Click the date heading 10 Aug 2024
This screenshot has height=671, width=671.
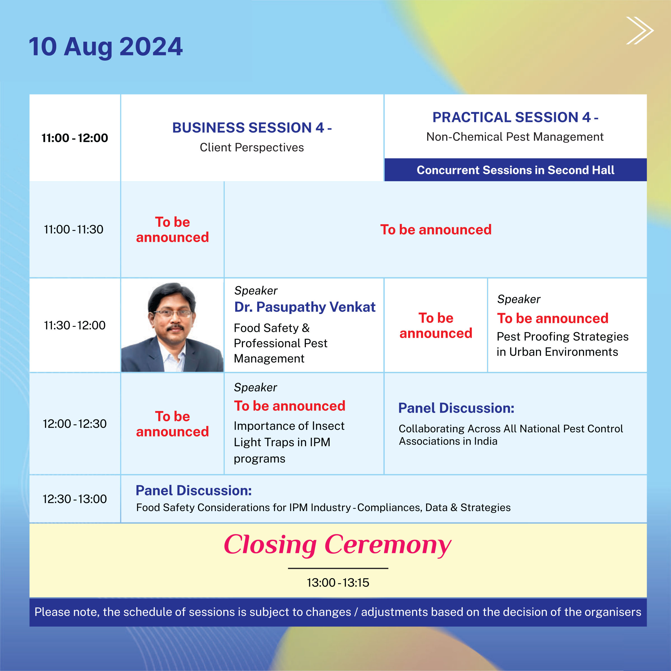pyautogui.click(x=106, y=47)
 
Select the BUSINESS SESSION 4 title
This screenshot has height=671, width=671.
pyautogui.click(x=252, y=127)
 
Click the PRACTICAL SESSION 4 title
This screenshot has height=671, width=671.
pyautogui.click(x=515, y=117)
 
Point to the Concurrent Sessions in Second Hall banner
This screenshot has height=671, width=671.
pyautogui.click(x=515, y=170)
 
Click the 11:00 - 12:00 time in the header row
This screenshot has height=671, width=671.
pyautogui.click(x=75, y=138)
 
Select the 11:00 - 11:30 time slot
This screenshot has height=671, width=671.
pyautogui.click(x=74, y=229)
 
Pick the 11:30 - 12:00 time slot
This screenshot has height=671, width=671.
pyautogui.click(x=75, y=325)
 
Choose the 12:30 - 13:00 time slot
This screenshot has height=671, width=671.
pyautogui.click(x=75, y=499)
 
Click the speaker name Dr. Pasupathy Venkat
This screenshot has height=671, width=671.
pyautogui.click(x=304, y=307)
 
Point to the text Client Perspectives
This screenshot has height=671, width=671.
pyautogui.click(x=252, y=147)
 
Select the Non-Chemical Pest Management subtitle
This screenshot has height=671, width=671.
pyautogui.click(x=515, y=137)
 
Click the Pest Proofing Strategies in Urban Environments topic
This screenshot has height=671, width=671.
pyautogui.click(x=563, y=344)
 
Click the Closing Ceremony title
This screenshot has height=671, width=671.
pyautogui.click(x=337, y=545)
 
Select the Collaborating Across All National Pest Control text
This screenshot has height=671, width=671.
pyautogui.click(x=511, y=429)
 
